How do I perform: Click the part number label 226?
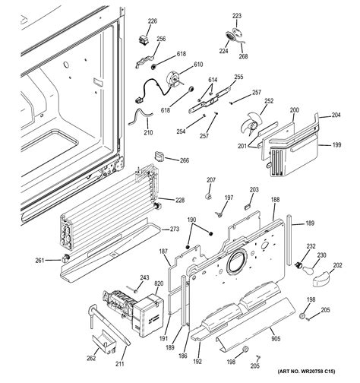[x=152, y=21]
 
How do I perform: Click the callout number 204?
[x=336, y=116]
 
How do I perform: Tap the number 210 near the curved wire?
[x=147, y=131]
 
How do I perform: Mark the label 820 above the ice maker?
[x=159, y=283]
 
